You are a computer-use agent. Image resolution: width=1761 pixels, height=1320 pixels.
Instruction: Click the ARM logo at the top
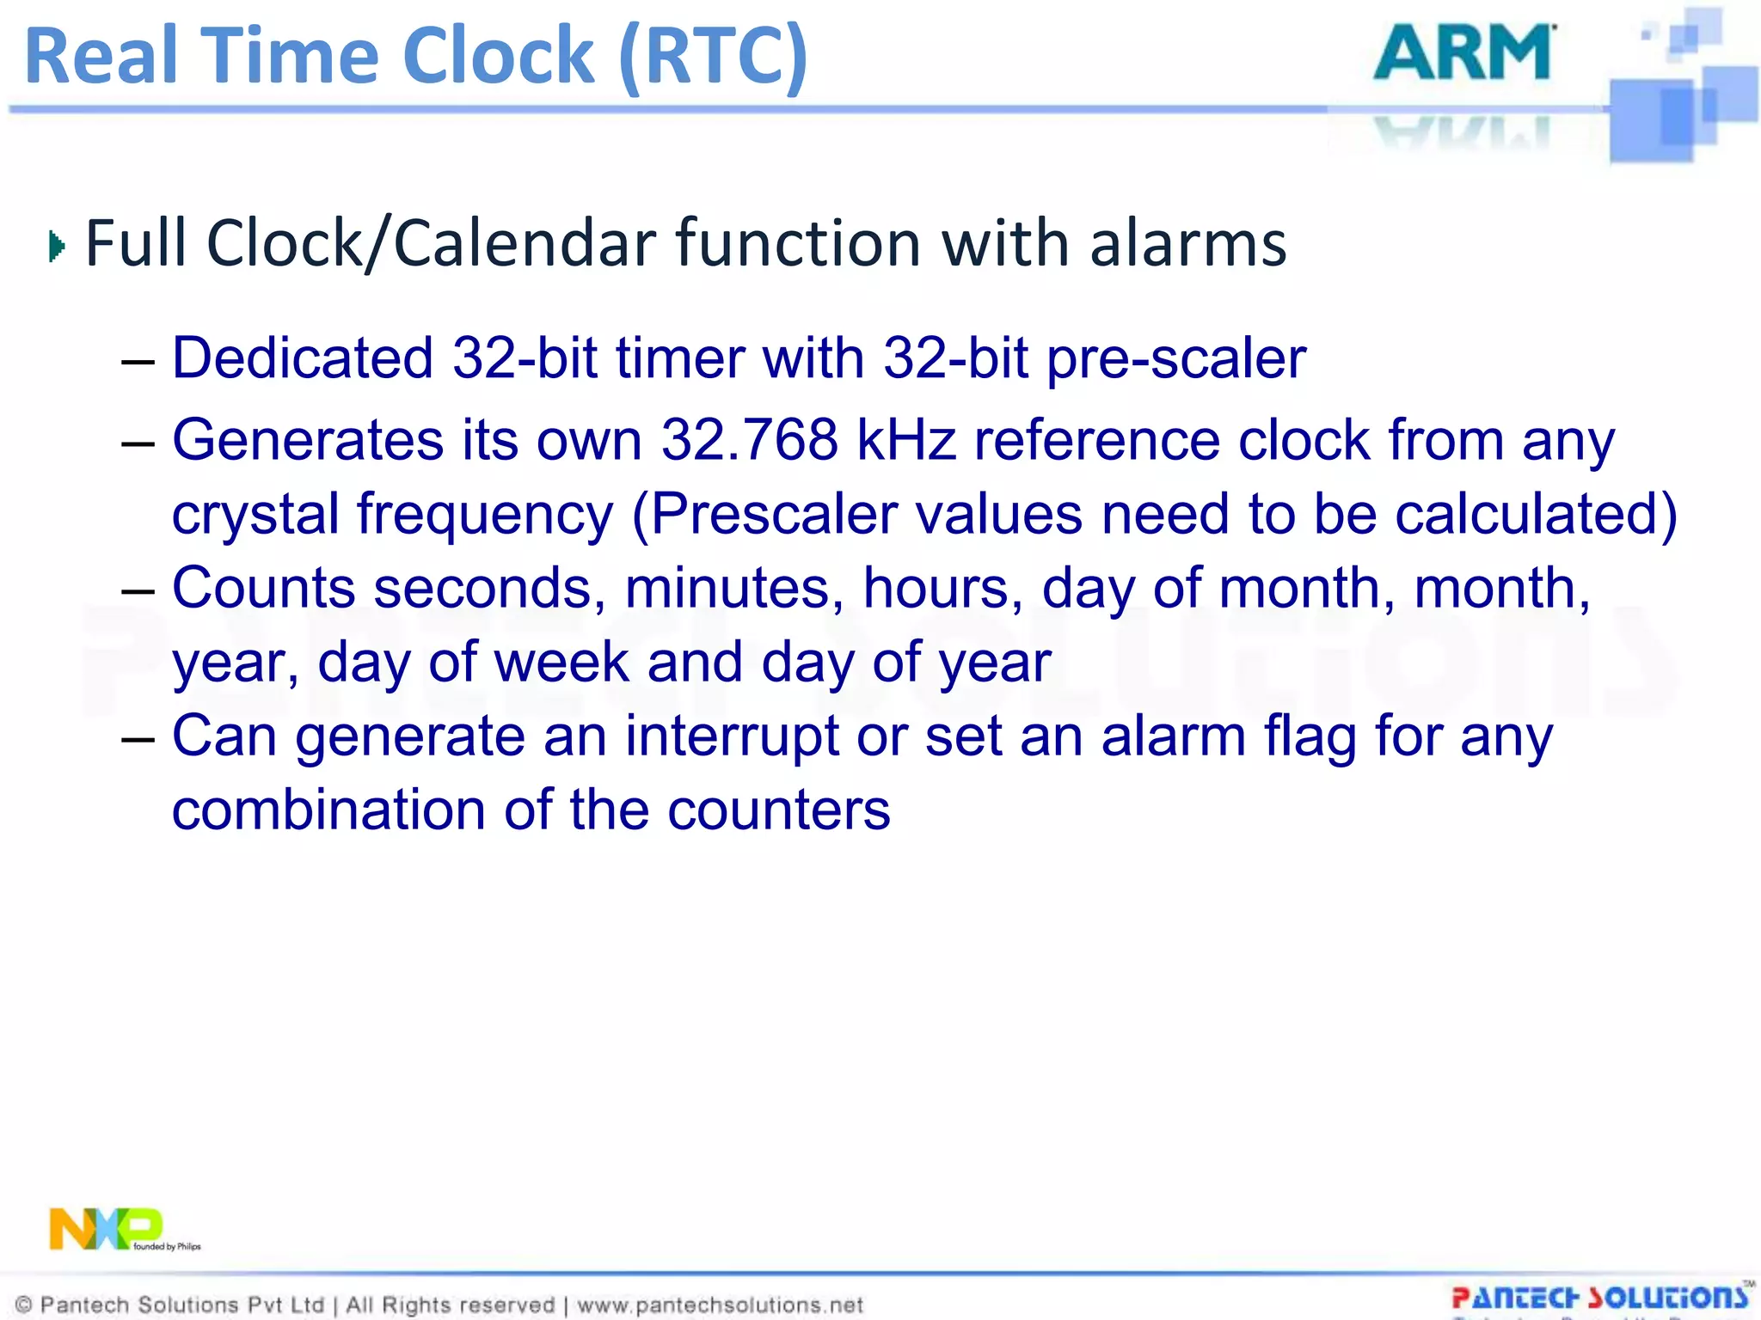pyautogui.click(x=1463, y=53)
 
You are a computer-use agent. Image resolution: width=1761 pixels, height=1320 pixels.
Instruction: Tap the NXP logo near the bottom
pyautogui.click(x=107, y=1229)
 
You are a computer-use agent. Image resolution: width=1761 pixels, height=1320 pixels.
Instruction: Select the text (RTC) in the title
pyautogui.click(x=713, y=56)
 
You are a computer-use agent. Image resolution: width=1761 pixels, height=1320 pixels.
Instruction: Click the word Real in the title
pyautogui.click(x=101, y=56)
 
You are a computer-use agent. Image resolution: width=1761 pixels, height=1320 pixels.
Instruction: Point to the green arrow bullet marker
pyautogui.click(x=57, y=247)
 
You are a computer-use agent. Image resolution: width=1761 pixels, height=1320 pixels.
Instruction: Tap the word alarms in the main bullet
pyautogui.click(x=1188, y=243)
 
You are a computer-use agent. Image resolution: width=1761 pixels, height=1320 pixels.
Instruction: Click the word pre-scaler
pyautogui.click(x=1176, y=359)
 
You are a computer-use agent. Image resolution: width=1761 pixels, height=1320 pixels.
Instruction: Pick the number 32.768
pyautogui.click(x=749, y=440)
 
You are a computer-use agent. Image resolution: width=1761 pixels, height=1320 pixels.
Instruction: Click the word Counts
pyautogui.click(x=263, y=588)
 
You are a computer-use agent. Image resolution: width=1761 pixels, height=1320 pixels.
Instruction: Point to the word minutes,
pyautogui.click(x=734, y=588)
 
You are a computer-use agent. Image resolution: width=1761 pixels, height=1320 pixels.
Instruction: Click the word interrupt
pyautogui.click(x=732, y=737)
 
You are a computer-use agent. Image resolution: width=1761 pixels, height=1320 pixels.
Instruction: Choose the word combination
pyautogui.click(x=328, y=810)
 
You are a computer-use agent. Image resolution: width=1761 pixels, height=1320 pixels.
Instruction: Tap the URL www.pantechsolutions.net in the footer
pyautogui.click(x=720, y=1305)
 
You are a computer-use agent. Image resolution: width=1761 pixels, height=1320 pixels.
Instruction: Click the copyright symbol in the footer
pyautogui.click(x=24, y=1305)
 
